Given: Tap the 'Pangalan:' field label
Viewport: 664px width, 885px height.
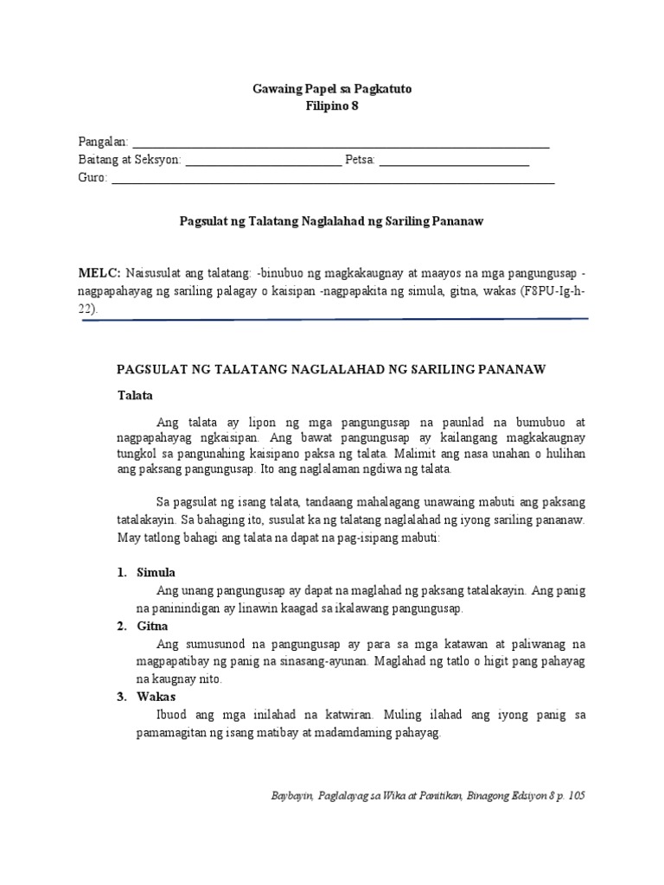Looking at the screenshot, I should [103, 142].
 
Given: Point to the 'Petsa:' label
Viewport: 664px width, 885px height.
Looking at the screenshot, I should [360, 160].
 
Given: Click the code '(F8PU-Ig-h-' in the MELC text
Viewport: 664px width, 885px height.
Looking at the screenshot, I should [551, 290].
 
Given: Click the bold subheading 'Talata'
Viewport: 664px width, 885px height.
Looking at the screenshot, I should [135, 395].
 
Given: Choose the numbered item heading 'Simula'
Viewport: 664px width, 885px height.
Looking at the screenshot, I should [156, 573].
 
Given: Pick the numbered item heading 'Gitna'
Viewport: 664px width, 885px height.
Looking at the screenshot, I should [153, 626].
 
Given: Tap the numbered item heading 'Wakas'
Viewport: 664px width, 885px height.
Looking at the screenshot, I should [156, 697].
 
